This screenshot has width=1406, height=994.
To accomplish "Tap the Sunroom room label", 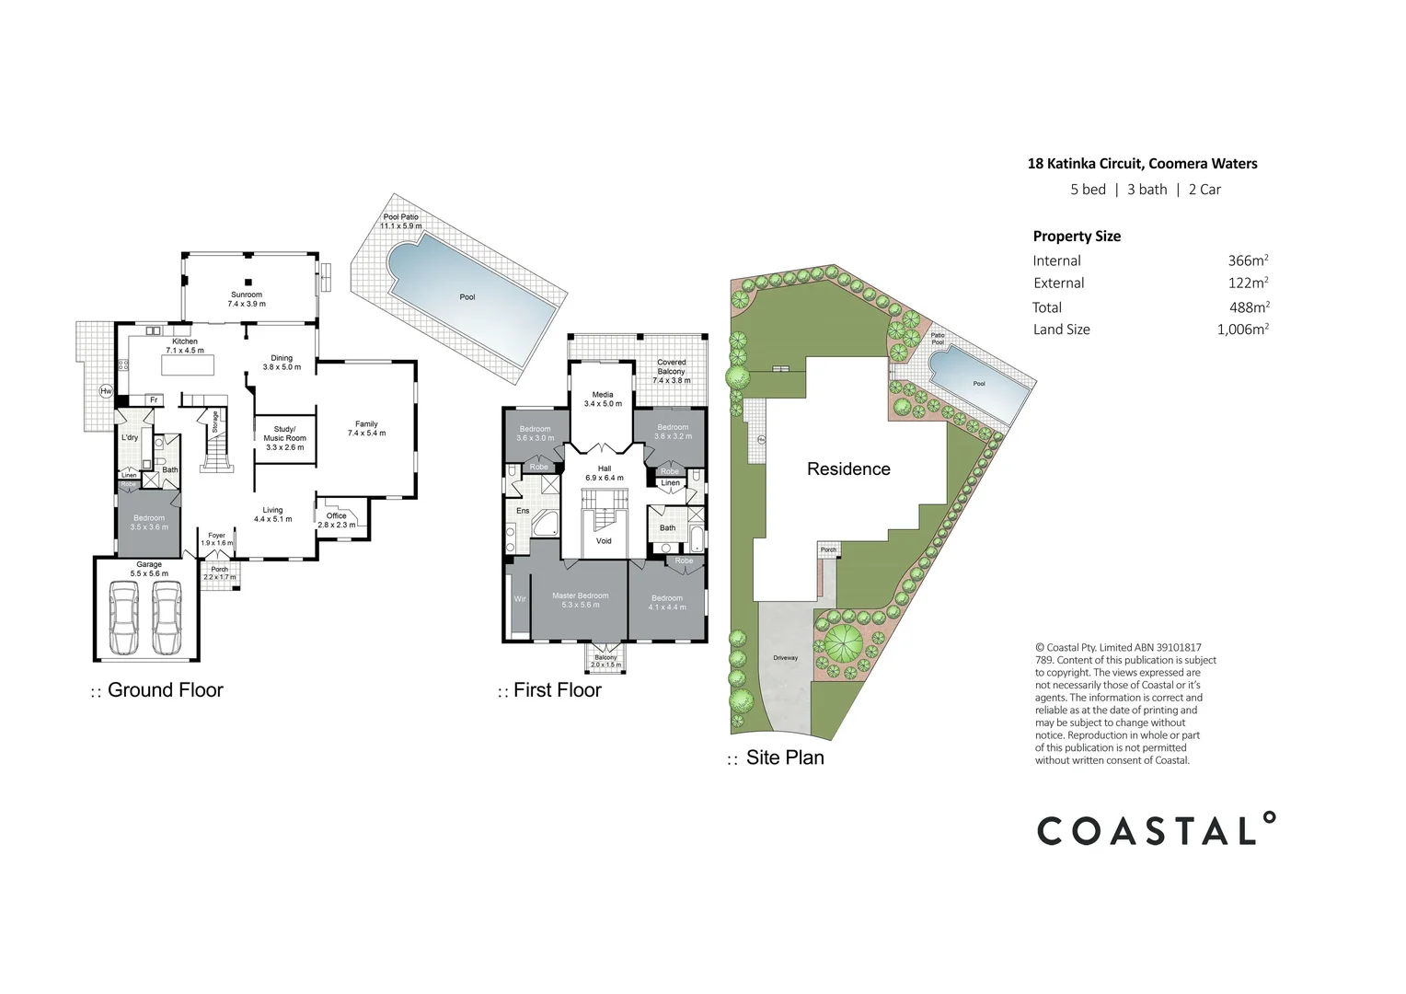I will click(247, 295).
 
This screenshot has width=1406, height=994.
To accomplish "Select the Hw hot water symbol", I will click(106, 391).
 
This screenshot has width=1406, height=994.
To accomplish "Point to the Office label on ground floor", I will click(337, 515).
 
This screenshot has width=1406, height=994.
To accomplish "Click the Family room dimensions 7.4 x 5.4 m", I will click(366, 433).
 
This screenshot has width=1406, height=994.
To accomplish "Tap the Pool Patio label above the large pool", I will click(400, 217).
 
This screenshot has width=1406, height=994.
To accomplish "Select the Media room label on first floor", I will click(603, 395).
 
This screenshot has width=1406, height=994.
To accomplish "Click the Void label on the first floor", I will click(604, 541).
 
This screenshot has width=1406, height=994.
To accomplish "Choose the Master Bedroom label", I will click(580, 595).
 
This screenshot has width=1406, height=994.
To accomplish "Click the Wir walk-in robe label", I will click(520, 599).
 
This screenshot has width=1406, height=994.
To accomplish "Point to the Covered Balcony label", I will click(671, 366).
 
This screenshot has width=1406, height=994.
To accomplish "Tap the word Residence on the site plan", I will click(848, 469).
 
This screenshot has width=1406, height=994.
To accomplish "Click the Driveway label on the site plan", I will click(785, 658).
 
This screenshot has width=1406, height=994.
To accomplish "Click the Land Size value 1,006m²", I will click(1242, 329).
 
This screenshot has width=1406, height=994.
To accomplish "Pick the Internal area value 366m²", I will click(1248, 260).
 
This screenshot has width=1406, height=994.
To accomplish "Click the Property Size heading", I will click(1077, 237).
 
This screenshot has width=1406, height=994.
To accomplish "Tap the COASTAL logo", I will click(1156, 830).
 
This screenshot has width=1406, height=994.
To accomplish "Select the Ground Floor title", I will click(165, 690).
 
